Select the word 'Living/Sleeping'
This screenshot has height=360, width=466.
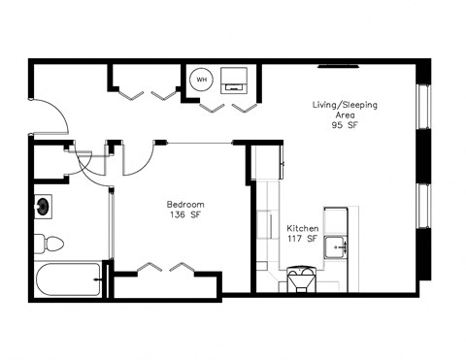344,103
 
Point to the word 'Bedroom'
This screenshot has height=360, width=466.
184,205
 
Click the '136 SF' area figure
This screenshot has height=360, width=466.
184,216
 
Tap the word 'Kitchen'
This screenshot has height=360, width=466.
302,229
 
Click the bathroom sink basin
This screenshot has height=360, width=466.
45,206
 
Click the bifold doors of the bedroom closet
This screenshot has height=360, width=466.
159,266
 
